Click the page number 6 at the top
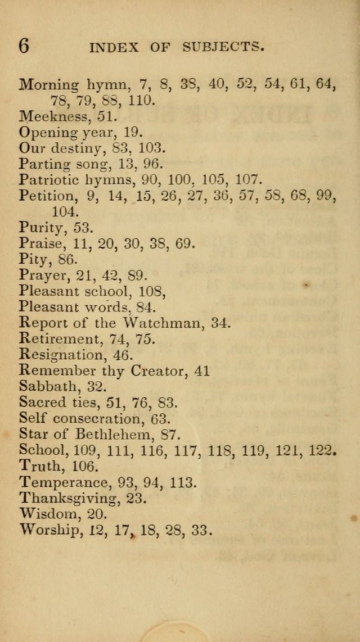[24, 46]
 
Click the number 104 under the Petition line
[65, 211]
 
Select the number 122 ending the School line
[324, 450]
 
